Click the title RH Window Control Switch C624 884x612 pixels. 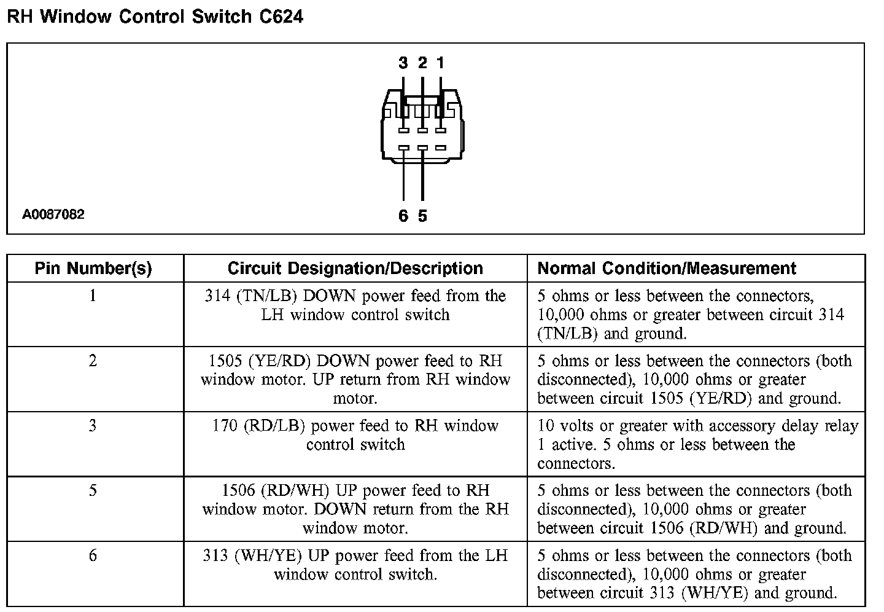(155, 17)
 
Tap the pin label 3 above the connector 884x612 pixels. (403, 63)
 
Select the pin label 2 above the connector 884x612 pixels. (422, 63)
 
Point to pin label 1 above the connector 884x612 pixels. (440, 63)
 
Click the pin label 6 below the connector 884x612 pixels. (403, 216)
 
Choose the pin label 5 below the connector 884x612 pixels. (422, 216)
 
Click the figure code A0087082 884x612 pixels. (53, 214)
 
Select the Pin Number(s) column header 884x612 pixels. (93, 269)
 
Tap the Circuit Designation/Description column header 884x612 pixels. (355, 269)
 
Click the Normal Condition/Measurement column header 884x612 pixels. (667, 269)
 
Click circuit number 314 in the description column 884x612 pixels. (217, 296)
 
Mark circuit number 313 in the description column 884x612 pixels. (215, 555)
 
